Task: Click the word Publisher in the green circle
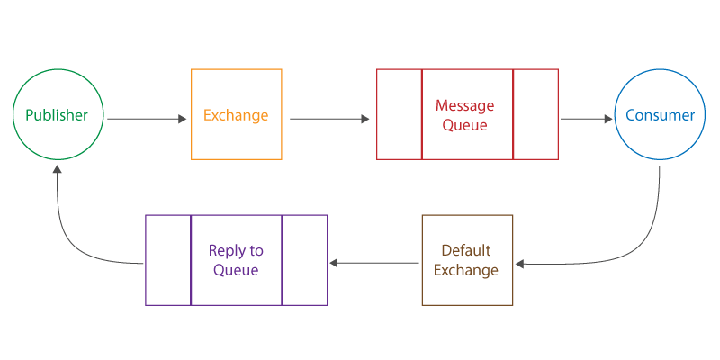[x=57, y=115]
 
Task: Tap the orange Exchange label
[x=236, y=115]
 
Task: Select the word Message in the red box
[x=465, y=105]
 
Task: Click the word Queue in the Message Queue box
[x=465, y=125]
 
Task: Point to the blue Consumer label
[x=661, y=115]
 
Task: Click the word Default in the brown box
[x=466, y=250]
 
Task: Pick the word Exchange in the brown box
[x=466, y=269]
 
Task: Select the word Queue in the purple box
[x=236, y=269]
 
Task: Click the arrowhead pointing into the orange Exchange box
[x=183, y=120]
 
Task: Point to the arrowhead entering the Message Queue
[x=365, y=120]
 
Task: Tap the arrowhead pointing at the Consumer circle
[x=608, y=120]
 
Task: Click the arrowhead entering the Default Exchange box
[x=519, y=264]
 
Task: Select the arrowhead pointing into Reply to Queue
[x=334, y=263]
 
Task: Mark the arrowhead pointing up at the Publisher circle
[x=57, y=169]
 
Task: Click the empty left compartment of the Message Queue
[x=399, y=114]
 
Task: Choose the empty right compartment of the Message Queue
[x=535, y=114]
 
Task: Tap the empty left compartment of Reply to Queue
[x=168, y=260]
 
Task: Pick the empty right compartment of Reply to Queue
[x=304, y=260]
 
